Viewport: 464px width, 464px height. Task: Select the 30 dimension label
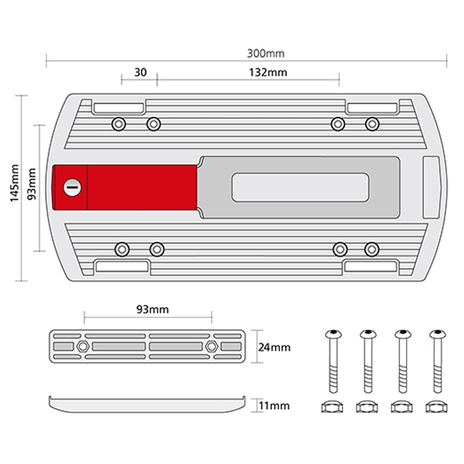click(x=140, y=72)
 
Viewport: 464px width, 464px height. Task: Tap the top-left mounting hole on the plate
click(x=118, y=124)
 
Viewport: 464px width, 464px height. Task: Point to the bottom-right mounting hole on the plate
click(x=371, y=249)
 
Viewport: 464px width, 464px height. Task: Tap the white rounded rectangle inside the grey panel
click(x=300, y=187)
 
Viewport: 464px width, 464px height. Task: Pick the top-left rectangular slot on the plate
click(x=119, y=108)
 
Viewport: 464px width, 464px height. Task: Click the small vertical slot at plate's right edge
click(x=432, y=186)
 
